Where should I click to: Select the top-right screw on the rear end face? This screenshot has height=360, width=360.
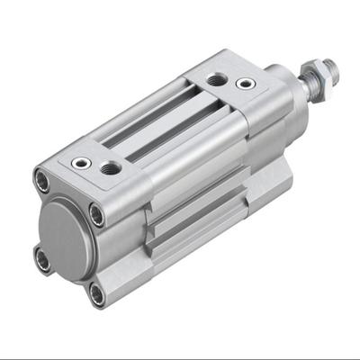[x=96, y=214]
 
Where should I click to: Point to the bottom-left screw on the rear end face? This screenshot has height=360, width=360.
[x=41, y=258]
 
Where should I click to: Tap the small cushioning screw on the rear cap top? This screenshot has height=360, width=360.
[x=83, y=163]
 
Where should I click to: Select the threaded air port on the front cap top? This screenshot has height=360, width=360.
[x=215, y=79]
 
